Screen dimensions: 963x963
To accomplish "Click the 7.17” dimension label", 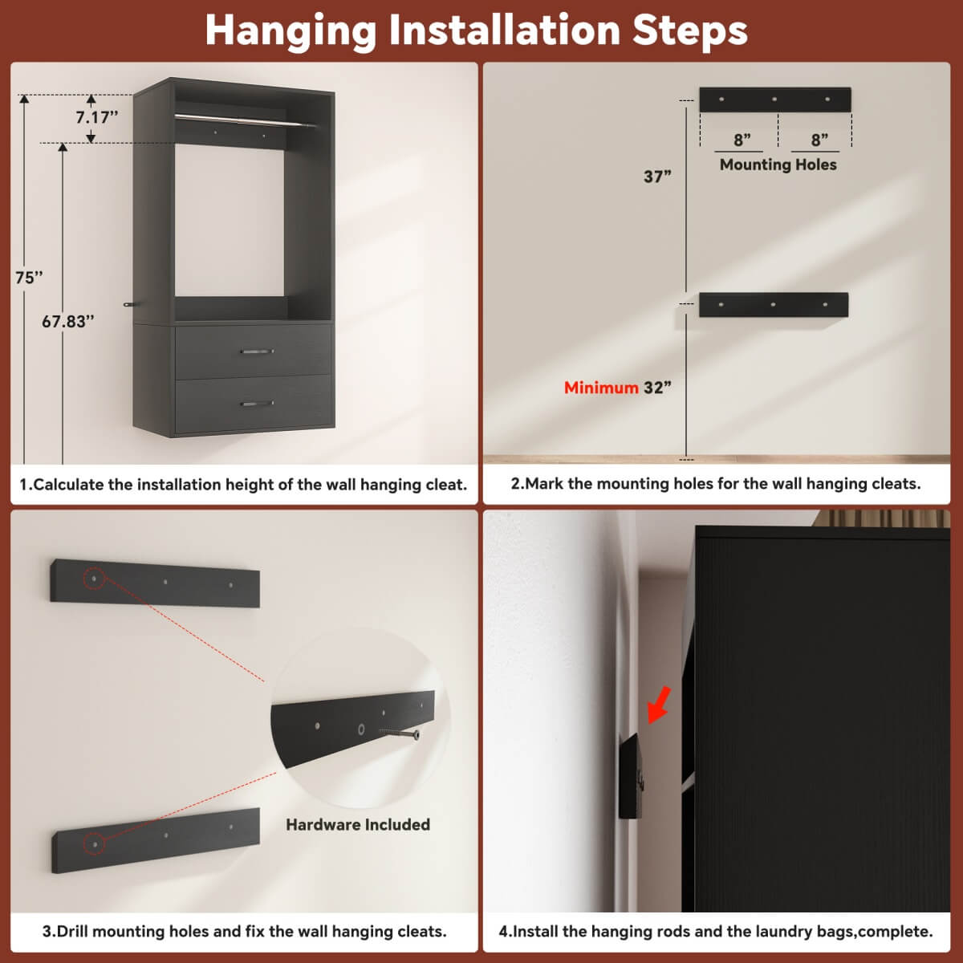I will [96, 117].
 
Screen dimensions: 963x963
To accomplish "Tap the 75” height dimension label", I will [29, 278].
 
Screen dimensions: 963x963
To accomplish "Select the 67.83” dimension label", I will [68, 322].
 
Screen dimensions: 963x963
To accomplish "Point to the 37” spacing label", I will [657, 177].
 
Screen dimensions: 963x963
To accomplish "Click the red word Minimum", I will [600, 388].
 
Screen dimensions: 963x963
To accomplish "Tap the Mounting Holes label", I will [778, 165].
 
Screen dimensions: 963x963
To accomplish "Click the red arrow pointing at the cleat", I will [659, 703].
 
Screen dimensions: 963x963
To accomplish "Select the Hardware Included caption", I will [358, 825].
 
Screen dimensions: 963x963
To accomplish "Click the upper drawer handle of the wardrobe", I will [257, 351].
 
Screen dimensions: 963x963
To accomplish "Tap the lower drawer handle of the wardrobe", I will [257, 404].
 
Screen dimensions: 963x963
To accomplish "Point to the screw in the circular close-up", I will [400, 733].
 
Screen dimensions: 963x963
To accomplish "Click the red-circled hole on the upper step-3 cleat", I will [95, 578].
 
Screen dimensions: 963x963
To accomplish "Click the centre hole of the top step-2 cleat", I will [774, 100].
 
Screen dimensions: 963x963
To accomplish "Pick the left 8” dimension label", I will [742, 140].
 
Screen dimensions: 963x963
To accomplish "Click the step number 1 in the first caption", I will [24, 485].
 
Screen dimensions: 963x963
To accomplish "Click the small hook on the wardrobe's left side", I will [128, 304].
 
